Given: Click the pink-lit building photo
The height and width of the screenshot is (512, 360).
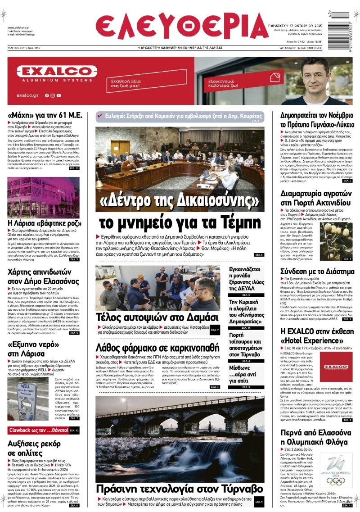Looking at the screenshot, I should click(x=43, y=197).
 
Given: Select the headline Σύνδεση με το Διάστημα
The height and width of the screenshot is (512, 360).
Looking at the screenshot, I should click(x=317, y=272).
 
